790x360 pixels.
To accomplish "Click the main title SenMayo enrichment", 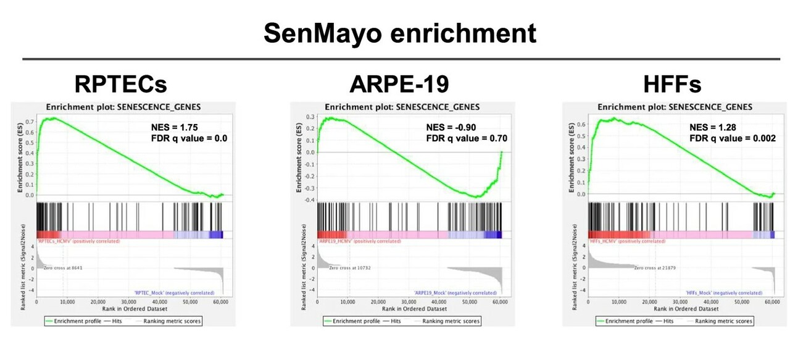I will [399, 33].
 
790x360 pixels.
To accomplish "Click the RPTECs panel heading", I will [120, 83].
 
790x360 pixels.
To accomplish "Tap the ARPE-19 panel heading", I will [399, 83].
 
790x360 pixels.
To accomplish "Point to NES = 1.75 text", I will [175, 127].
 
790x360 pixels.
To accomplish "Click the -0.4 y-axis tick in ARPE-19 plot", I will [309, 199].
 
